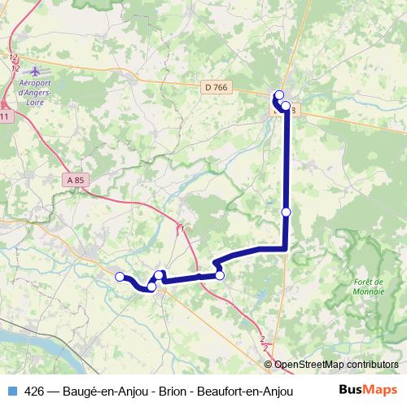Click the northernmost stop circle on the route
(x=279, y=94)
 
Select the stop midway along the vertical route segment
(x=286, y=212)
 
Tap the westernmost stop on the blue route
(x=120, y=277)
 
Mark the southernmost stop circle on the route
(x=151, y=287)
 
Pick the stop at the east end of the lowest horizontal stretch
(x=220, y=276)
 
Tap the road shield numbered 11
(x=6, y=117)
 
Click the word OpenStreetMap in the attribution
(x=309, y=365)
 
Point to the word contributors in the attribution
(x=370, y=365)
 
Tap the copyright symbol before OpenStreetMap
(x=269, y=365)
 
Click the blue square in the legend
(x=11, y=389)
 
